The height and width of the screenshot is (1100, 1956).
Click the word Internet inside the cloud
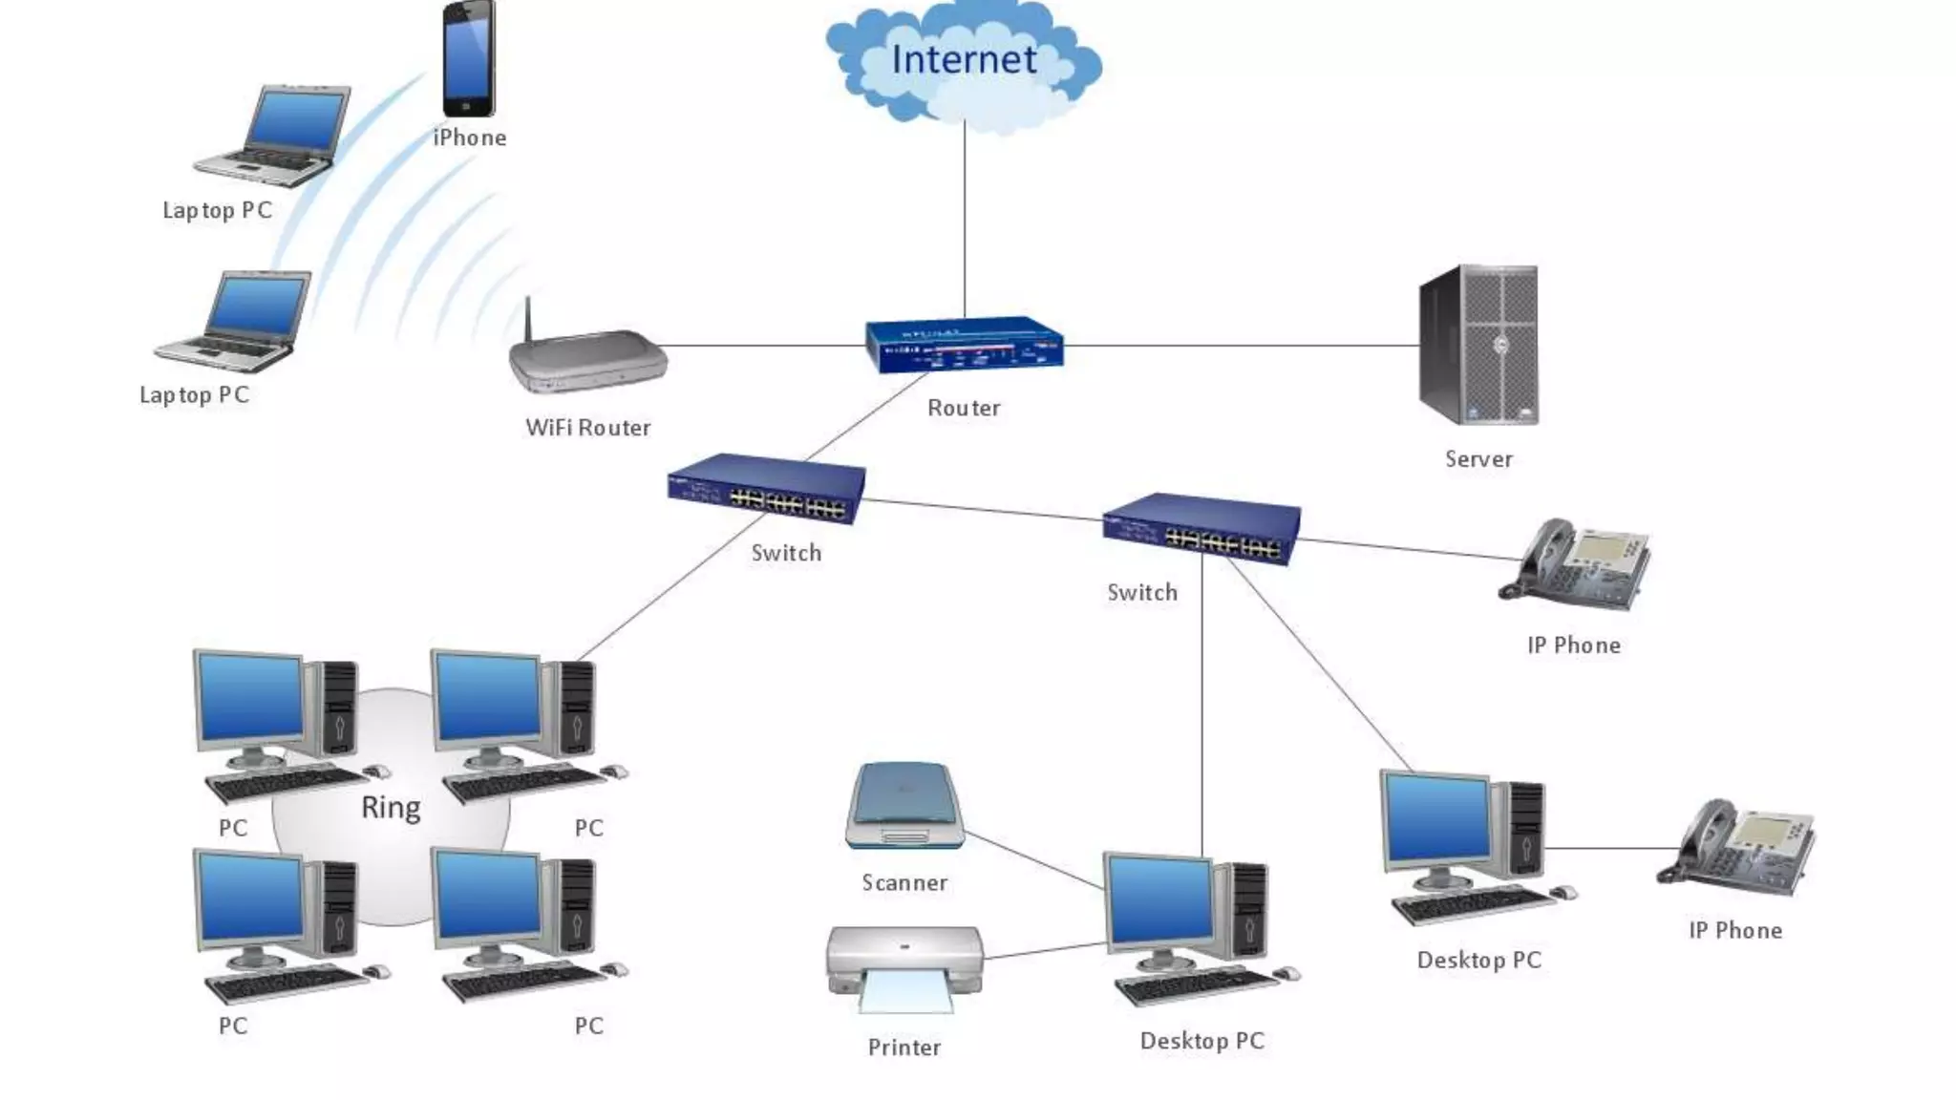[963, 59]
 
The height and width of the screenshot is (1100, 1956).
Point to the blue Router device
[965, 345]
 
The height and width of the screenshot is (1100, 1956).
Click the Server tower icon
[1478, 345]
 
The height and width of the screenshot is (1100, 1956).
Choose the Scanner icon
[904, 807]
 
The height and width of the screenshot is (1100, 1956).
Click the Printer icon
[904, 966]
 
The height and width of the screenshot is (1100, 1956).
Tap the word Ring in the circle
[391, 808]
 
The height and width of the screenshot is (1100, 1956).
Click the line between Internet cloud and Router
[965, 220]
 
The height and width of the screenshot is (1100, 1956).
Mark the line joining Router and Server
[1242, 345]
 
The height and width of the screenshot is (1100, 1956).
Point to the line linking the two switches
[984, 511]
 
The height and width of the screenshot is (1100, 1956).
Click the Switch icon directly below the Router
[767, 489]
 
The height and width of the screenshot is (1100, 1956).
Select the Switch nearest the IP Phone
[1201, 528]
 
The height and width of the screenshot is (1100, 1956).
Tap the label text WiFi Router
[588, 428]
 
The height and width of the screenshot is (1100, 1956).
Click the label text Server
[1478, 459]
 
